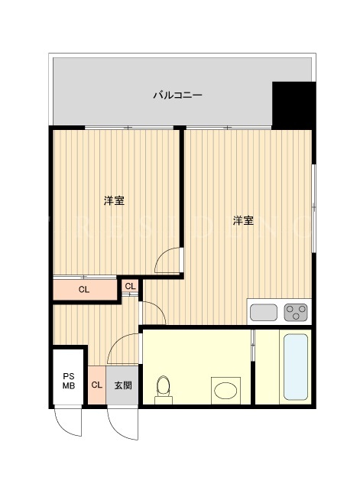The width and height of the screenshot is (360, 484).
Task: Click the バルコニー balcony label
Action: click(177, 95)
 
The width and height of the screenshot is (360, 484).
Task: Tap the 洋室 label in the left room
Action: click(114, 200)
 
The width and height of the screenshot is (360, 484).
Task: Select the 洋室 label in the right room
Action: click(243, 220)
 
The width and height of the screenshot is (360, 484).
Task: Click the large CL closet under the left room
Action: click(85, 289)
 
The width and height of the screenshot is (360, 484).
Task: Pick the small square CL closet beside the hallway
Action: click(130, 286)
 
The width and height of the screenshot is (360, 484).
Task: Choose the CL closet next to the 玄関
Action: click(97, 385)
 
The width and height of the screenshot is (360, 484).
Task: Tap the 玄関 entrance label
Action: click(123, 385)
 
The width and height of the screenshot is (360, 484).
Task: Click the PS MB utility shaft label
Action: click(69, 381)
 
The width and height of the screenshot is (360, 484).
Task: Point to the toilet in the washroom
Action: click(164, 390)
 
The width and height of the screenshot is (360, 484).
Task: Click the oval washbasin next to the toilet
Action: click(225, 390)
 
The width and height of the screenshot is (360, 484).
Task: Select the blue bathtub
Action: click(296, 367)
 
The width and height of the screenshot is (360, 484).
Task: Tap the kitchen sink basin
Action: click(264, 313)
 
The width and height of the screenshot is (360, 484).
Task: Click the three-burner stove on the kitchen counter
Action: click(296, 313)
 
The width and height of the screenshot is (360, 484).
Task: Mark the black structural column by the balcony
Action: click(294, 106)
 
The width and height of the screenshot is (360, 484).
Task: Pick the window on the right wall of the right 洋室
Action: click(313, 208)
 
